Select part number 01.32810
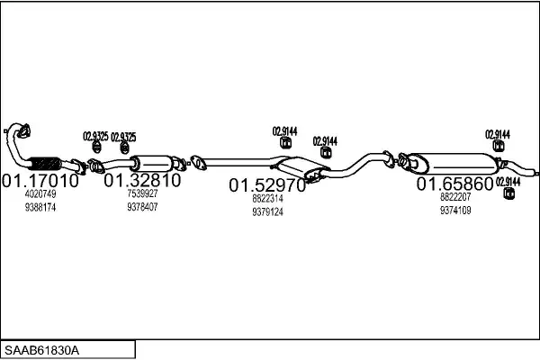pos(142,180)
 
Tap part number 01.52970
pos(267,185)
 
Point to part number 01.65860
pos(454,184)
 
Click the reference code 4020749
pos(40,194)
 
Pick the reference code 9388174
pos(40,207)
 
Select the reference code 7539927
pos(142,194)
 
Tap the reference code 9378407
pos(142,207)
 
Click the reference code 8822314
pos(267,199)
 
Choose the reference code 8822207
pos(454,196)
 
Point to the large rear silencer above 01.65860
pos(454,162)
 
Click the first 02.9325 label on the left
pos(95,136)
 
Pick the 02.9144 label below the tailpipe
pos(508,182)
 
